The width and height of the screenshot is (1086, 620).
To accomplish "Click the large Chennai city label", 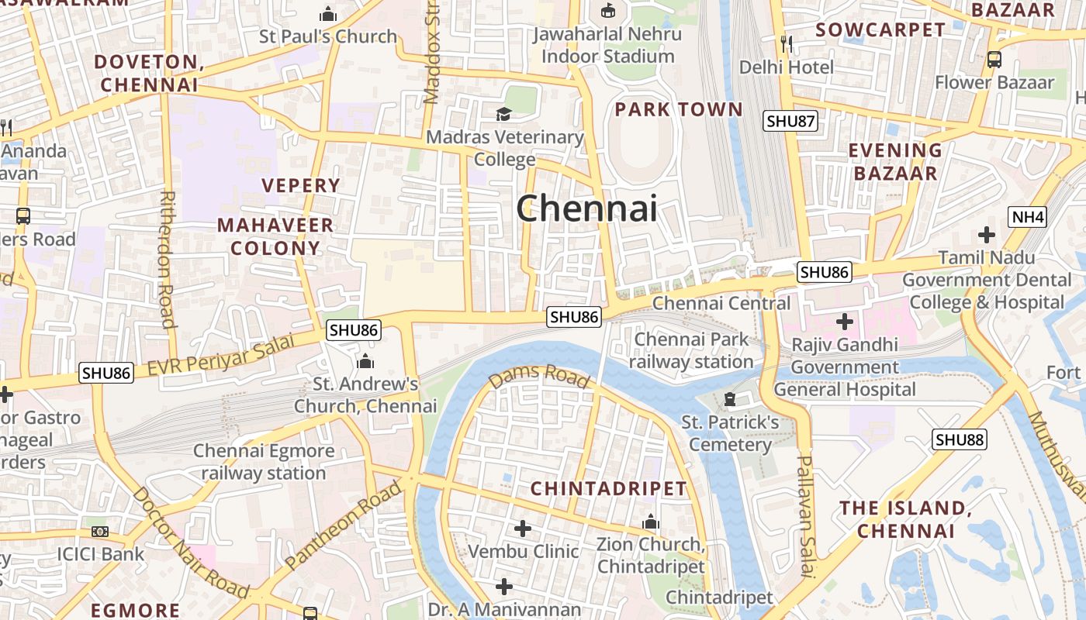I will [x=586, y=208].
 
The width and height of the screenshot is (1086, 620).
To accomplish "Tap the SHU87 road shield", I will [x=790, y=121].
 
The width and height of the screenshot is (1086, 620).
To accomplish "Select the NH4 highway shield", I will [x=1028, y=217].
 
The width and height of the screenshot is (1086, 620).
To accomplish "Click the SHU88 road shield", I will [x=960, y=440].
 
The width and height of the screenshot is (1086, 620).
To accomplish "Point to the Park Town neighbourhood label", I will [x=679, y=109].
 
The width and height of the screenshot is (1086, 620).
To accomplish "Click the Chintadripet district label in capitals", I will [x=609, y=488].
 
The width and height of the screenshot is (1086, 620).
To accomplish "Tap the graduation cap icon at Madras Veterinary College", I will [x=504, y=115].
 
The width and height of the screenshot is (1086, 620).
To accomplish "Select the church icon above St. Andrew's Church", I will [x=365, y=361].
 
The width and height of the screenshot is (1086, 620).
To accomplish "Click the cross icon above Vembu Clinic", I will [x=523, y=529].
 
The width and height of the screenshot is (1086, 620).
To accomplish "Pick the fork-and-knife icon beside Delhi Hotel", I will [x=787, y=43].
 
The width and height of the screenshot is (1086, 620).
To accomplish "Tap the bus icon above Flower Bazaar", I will [x=994, y=59].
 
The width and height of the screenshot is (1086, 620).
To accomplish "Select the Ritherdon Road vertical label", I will [x=167, y=260].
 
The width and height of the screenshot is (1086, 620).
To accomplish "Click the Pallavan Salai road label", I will [x=806, y=515].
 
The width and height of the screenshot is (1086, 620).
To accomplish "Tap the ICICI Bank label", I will [x=101, y=554].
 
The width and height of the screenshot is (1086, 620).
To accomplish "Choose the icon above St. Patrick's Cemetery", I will [x=729, y=400].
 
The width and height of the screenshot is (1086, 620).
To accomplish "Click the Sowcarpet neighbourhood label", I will [x=880, y=30].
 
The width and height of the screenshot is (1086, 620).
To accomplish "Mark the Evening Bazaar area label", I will [x=895, y=161].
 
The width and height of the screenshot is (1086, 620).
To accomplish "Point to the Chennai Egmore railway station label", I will [x=264, y=462].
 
